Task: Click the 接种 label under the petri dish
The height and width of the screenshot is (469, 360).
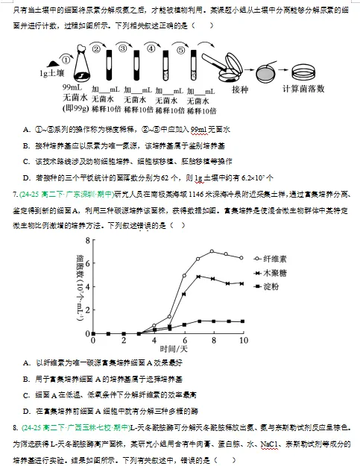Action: pyautogui.click(x=240, y=90)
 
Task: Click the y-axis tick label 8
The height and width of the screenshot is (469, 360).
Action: pyautogui.click(x=87, y=240)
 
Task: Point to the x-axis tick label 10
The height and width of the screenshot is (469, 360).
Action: pyautogui.click(x=243, y=340)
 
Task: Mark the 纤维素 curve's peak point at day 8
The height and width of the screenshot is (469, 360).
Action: pyautogui.click(x=212, y=251)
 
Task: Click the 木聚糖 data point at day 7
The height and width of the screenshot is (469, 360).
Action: pyautogui.click(x=198, y=277)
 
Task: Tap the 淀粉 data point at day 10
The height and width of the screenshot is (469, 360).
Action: pyautogui.click(x=242, y=321)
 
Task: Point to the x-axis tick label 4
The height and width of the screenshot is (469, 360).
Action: pyautogui.click(x=154, y=340)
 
